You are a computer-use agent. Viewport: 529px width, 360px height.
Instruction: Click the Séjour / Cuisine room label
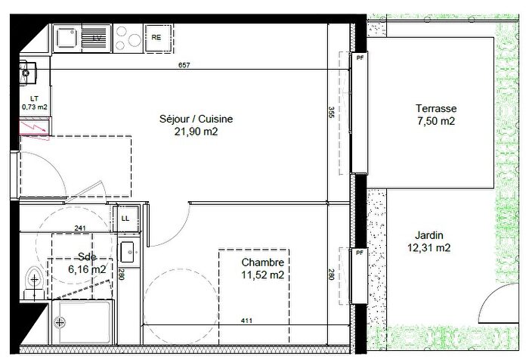click(196, 119)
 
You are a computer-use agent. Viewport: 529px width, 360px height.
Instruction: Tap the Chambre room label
click(262, 262)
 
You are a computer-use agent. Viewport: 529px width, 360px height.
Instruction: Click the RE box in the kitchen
click(157, 36)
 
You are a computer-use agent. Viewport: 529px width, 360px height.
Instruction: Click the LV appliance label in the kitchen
click(96, 37)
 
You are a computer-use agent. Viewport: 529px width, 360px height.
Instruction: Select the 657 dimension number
click(184, 66)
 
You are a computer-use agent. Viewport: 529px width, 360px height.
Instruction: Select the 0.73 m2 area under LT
click(34, 107)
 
